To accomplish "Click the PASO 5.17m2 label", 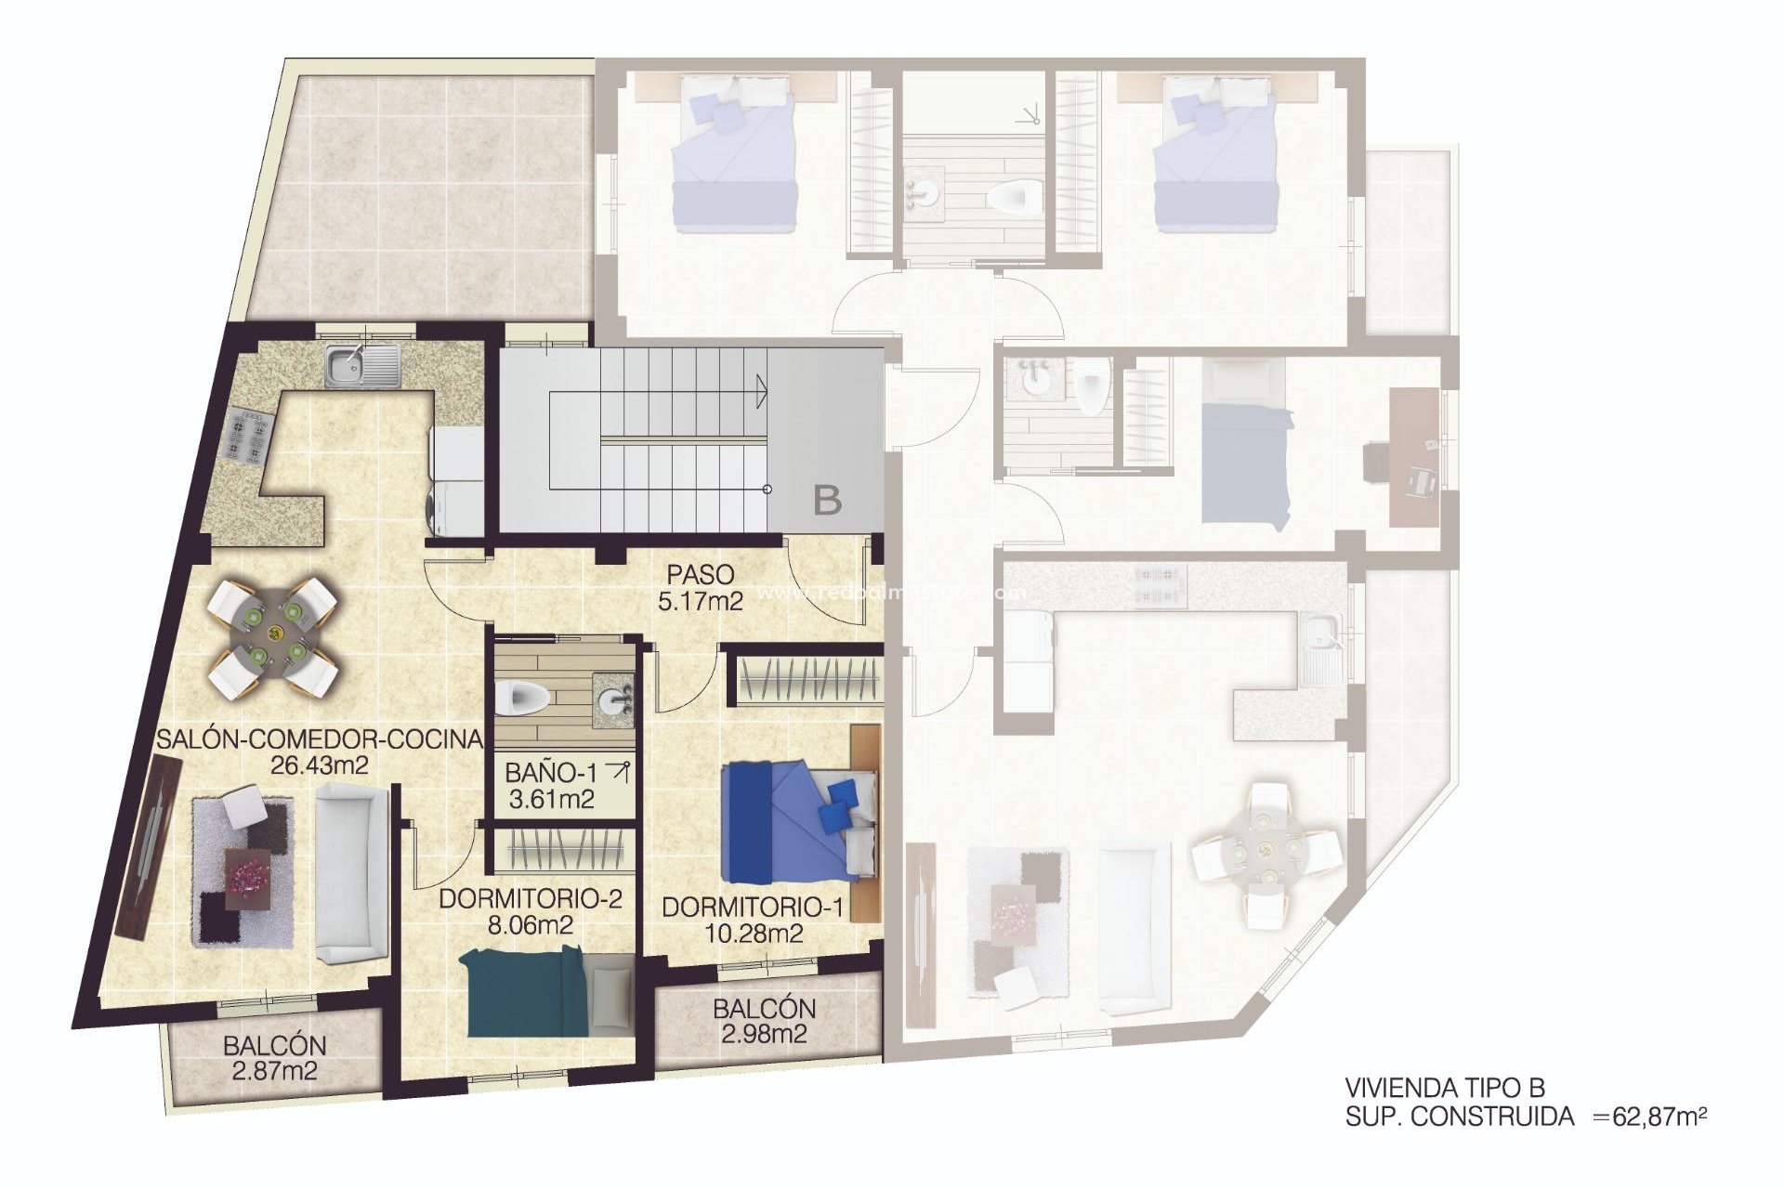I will coord(700,588).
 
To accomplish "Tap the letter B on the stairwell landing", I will coord(827,502).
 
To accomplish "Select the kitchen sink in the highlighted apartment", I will coord(361,364).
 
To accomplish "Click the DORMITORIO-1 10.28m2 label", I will coord(753,920).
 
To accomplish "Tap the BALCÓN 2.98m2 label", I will coord(764,1021).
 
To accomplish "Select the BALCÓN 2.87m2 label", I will coord(274,1058).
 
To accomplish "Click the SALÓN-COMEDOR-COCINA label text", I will coord(320,739).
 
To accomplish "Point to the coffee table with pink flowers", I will coord(248,873).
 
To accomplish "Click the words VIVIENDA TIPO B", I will coord(1445,1088).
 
